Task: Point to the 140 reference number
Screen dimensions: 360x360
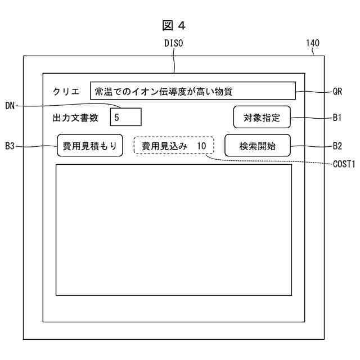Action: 313,43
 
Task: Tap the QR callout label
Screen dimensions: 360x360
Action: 337,91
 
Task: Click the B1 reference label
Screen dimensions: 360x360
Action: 337,118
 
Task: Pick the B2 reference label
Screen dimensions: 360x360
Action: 337,146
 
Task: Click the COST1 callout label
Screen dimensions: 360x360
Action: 343,164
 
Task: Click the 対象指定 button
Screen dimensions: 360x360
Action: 262,118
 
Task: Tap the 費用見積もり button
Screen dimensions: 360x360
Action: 89,146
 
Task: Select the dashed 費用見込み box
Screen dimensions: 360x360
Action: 173,146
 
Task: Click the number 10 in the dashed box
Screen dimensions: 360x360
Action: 202,146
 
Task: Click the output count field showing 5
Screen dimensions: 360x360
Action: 125,118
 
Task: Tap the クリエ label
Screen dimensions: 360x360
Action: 66,92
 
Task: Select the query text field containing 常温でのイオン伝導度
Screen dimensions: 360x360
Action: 192,91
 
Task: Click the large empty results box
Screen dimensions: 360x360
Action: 173,229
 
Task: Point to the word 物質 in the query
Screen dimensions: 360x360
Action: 223,91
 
